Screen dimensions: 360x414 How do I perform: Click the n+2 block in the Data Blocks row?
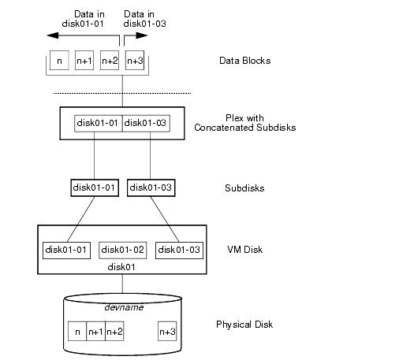click(110, 61)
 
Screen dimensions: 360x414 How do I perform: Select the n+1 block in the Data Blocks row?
click(84, 61)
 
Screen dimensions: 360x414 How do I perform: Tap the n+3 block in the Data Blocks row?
click(135, 61)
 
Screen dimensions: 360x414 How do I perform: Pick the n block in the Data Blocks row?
click(59, 61)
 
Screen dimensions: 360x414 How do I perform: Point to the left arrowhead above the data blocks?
click(52, 35)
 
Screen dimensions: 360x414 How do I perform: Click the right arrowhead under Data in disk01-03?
click(144, 35)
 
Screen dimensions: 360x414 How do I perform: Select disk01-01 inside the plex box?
click(98, 123)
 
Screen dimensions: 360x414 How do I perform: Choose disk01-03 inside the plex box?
click(147, 123)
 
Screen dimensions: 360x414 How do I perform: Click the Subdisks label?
click(244, 187)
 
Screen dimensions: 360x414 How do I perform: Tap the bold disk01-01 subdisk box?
click(93, 187)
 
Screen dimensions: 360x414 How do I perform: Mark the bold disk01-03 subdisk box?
click(151, 187)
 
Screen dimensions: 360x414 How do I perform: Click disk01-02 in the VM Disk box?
click(122, 250)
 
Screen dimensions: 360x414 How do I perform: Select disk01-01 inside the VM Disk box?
click(66, 250)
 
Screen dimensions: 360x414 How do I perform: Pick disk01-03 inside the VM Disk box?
click(179, 250)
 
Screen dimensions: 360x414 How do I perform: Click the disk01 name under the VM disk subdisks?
click(122, 266)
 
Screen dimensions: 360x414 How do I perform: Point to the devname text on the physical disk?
click(123, 306)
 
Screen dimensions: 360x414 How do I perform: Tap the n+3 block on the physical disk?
click(166, 332)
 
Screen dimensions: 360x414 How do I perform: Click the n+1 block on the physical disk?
click(95, 332)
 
